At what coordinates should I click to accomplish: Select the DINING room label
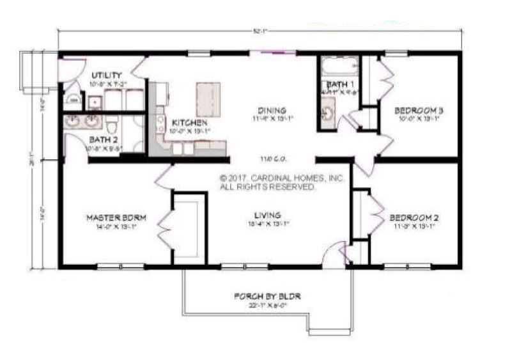pyautogui.click(x=272, y=109)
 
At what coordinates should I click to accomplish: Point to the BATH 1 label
pyautogui.click(x=337, y=84)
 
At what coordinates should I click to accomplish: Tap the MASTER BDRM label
pyautogui.click(x=116, y=218)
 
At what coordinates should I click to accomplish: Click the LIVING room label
pyautogui.click(x=267, y=215)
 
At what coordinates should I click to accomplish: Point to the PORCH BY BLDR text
pyautogui.click(x=267, y=296)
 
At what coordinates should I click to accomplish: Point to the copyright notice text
pyautogui.click(x=282, y=183)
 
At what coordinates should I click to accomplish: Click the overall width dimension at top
pyautogui.click(x=259, y=29)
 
